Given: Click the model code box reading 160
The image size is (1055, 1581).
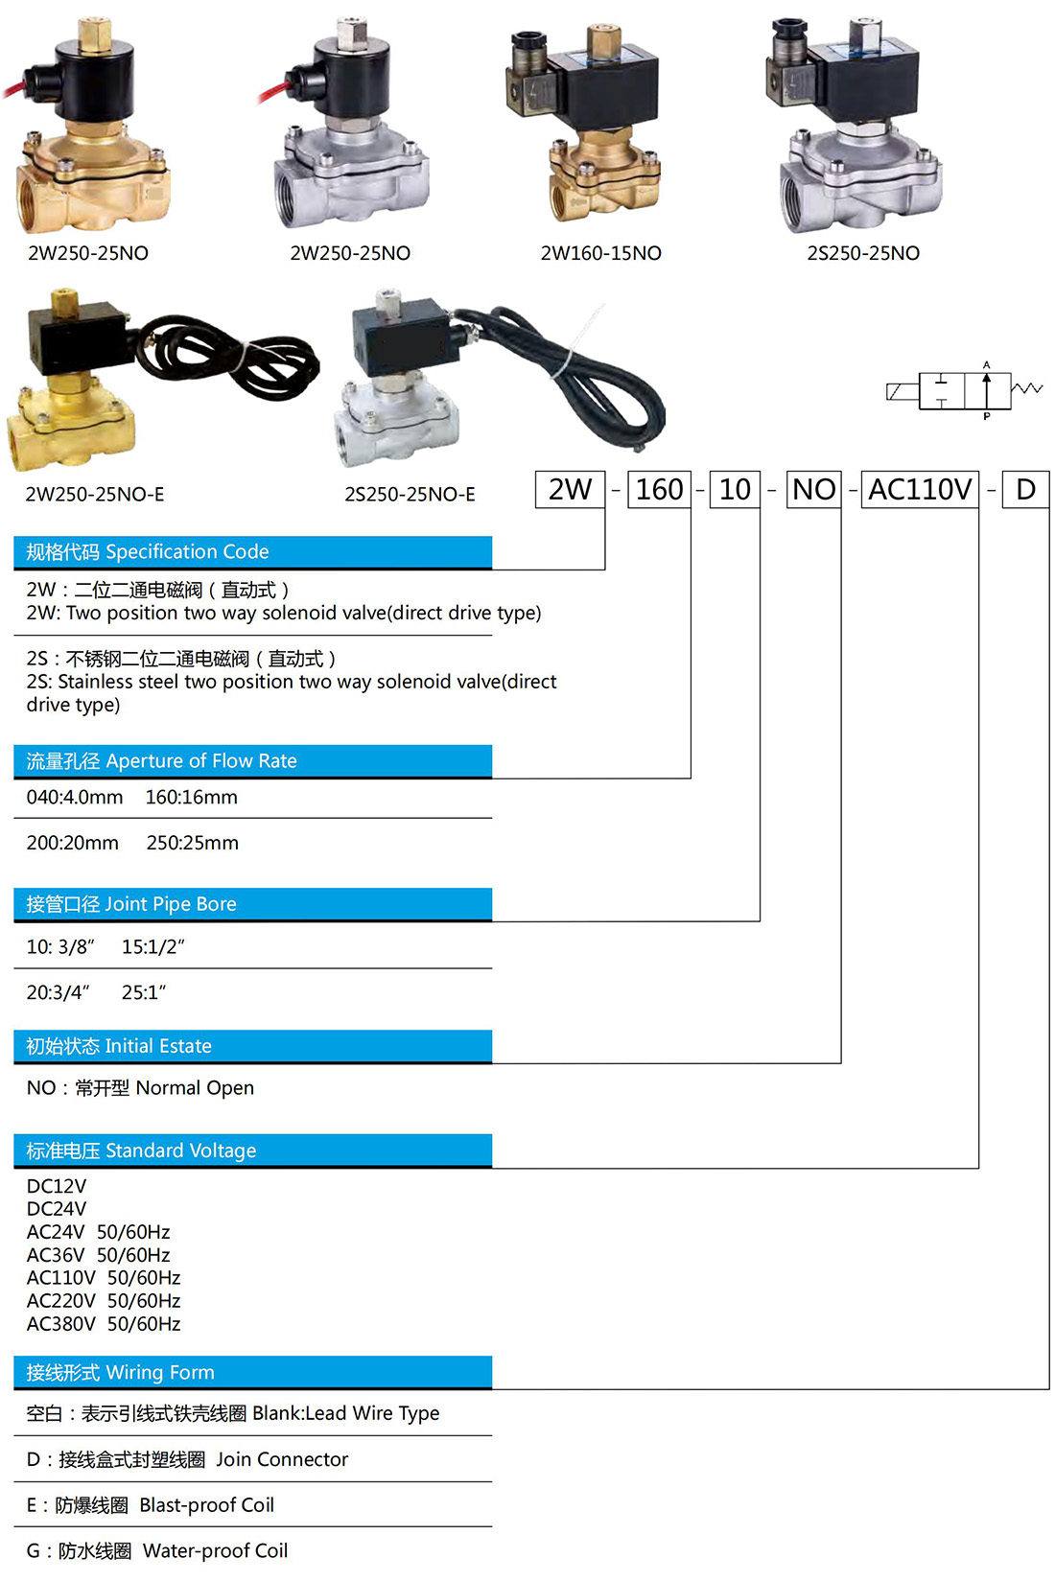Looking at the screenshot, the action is click(659, 489).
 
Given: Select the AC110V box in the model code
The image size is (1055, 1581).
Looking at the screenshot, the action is click(920, 489).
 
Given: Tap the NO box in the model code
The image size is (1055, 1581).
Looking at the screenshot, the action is click(813, 489).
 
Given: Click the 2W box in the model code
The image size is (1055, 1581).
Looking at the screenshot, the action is click(570, 489).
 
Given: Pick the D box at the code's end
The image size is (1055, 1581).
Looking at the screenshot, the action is click(1025, 489).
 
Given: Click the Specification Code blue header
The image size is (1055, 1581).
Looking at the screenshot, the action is click(253, 552).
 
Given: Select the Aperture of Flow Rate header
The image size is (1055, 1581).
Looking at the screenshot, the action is click(253, 761).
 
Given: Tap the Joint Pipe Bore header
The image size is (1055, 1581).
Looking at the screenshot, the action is click(253, 904).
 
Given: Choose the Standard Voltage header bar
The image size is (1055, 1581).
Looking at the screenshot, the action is click(253, 1151).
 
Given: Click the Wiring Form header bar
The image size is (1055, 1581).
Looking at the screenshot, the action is click(253, 1372).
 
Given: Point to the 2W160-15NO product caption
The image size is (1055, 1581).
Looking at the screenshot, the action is click(601, 253).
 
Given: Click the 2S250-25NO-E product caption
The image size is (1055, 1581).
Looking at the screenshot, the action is click(410, 495).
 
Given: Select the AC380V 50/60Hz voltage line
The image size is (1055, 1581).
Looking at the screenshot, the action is click(104, 1324).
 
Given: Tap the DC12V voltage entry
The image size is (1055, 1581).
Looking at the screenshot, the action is click(57, 1186).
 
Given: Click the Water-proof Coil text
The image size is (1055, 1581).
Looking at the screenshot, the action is click(216, 1550).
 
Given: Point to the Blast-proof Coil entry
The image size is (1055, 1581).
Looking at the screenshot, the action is click(207, 1504).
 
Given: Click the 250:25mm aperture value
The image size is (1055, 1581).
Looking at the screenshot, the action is click(192, 843).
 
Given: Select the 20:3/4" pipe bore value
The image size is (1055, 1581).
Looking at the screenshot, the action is click(58, 992).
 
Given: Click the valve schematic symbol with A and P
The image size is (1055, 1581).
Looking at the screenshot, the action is click(964, 390).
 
